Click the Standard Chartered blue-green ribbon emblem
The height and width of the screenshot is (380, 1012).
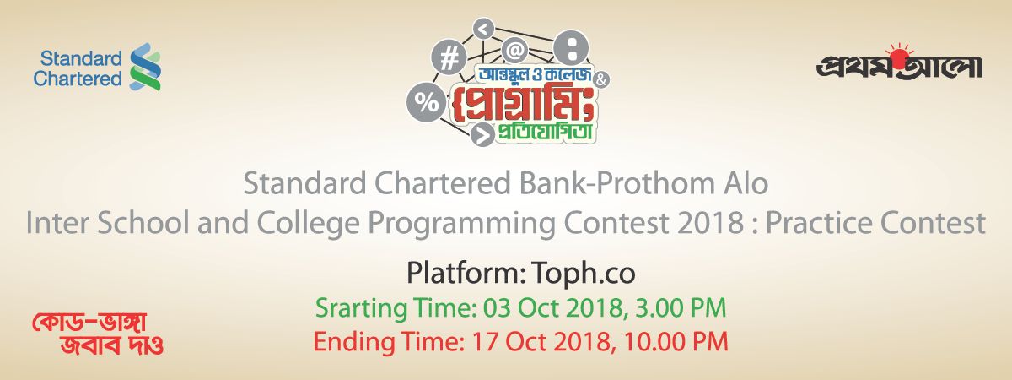tap(145, 67)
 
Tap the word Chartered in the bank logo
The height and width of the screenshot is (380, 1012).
tap(78, 79)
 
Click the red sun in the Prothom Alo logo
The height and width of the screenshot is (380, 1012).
tap(899, 58)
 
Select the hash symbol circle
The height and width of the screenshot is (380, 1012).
tap(449, 59)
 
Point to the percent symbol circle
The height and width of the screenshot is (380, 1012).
tap(425, 103)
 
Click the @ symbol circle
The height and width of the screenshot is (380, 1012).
tap(514, 50)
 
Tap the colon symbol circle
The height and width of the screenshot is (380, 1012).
tap(572, 48)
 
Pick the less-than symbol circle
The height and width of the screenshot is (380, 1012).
tap(483, 30)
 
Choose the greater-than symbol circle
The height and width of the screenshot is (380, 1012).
tap(482, 134)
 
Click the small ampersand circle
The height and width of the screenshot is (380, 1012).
tap(600, 80)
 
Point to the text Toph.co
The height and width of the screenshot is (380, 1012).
tap(584, 274)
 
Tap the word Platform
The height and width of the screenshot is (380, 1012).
tap(466, 273)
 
